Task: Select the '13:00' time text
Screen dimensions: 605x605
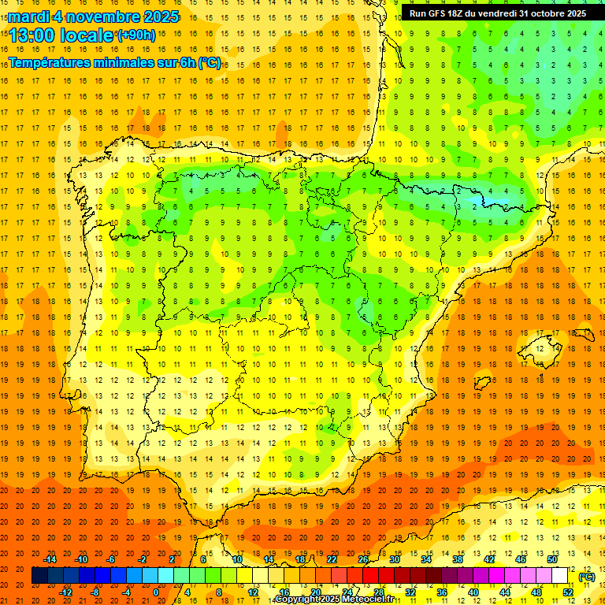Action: coord(33,35)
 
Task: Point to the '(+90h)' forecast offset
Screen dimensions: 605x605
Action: coord(135,35)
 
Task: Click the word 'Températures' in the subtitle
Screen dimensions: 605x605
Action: coord(58,62)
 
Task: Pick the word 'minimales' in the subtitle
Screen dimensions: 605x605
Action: coord(142,62)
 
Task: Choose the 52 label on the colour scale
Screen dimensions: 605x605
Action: coord(568,592)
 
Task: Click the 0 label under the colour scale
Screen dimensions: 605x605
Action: coord(156,592)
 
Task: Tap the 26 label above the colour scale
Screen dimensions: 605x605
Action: coord(363,559)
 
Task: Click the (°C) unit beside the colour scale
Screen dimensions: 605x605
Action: coord(587,577)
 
